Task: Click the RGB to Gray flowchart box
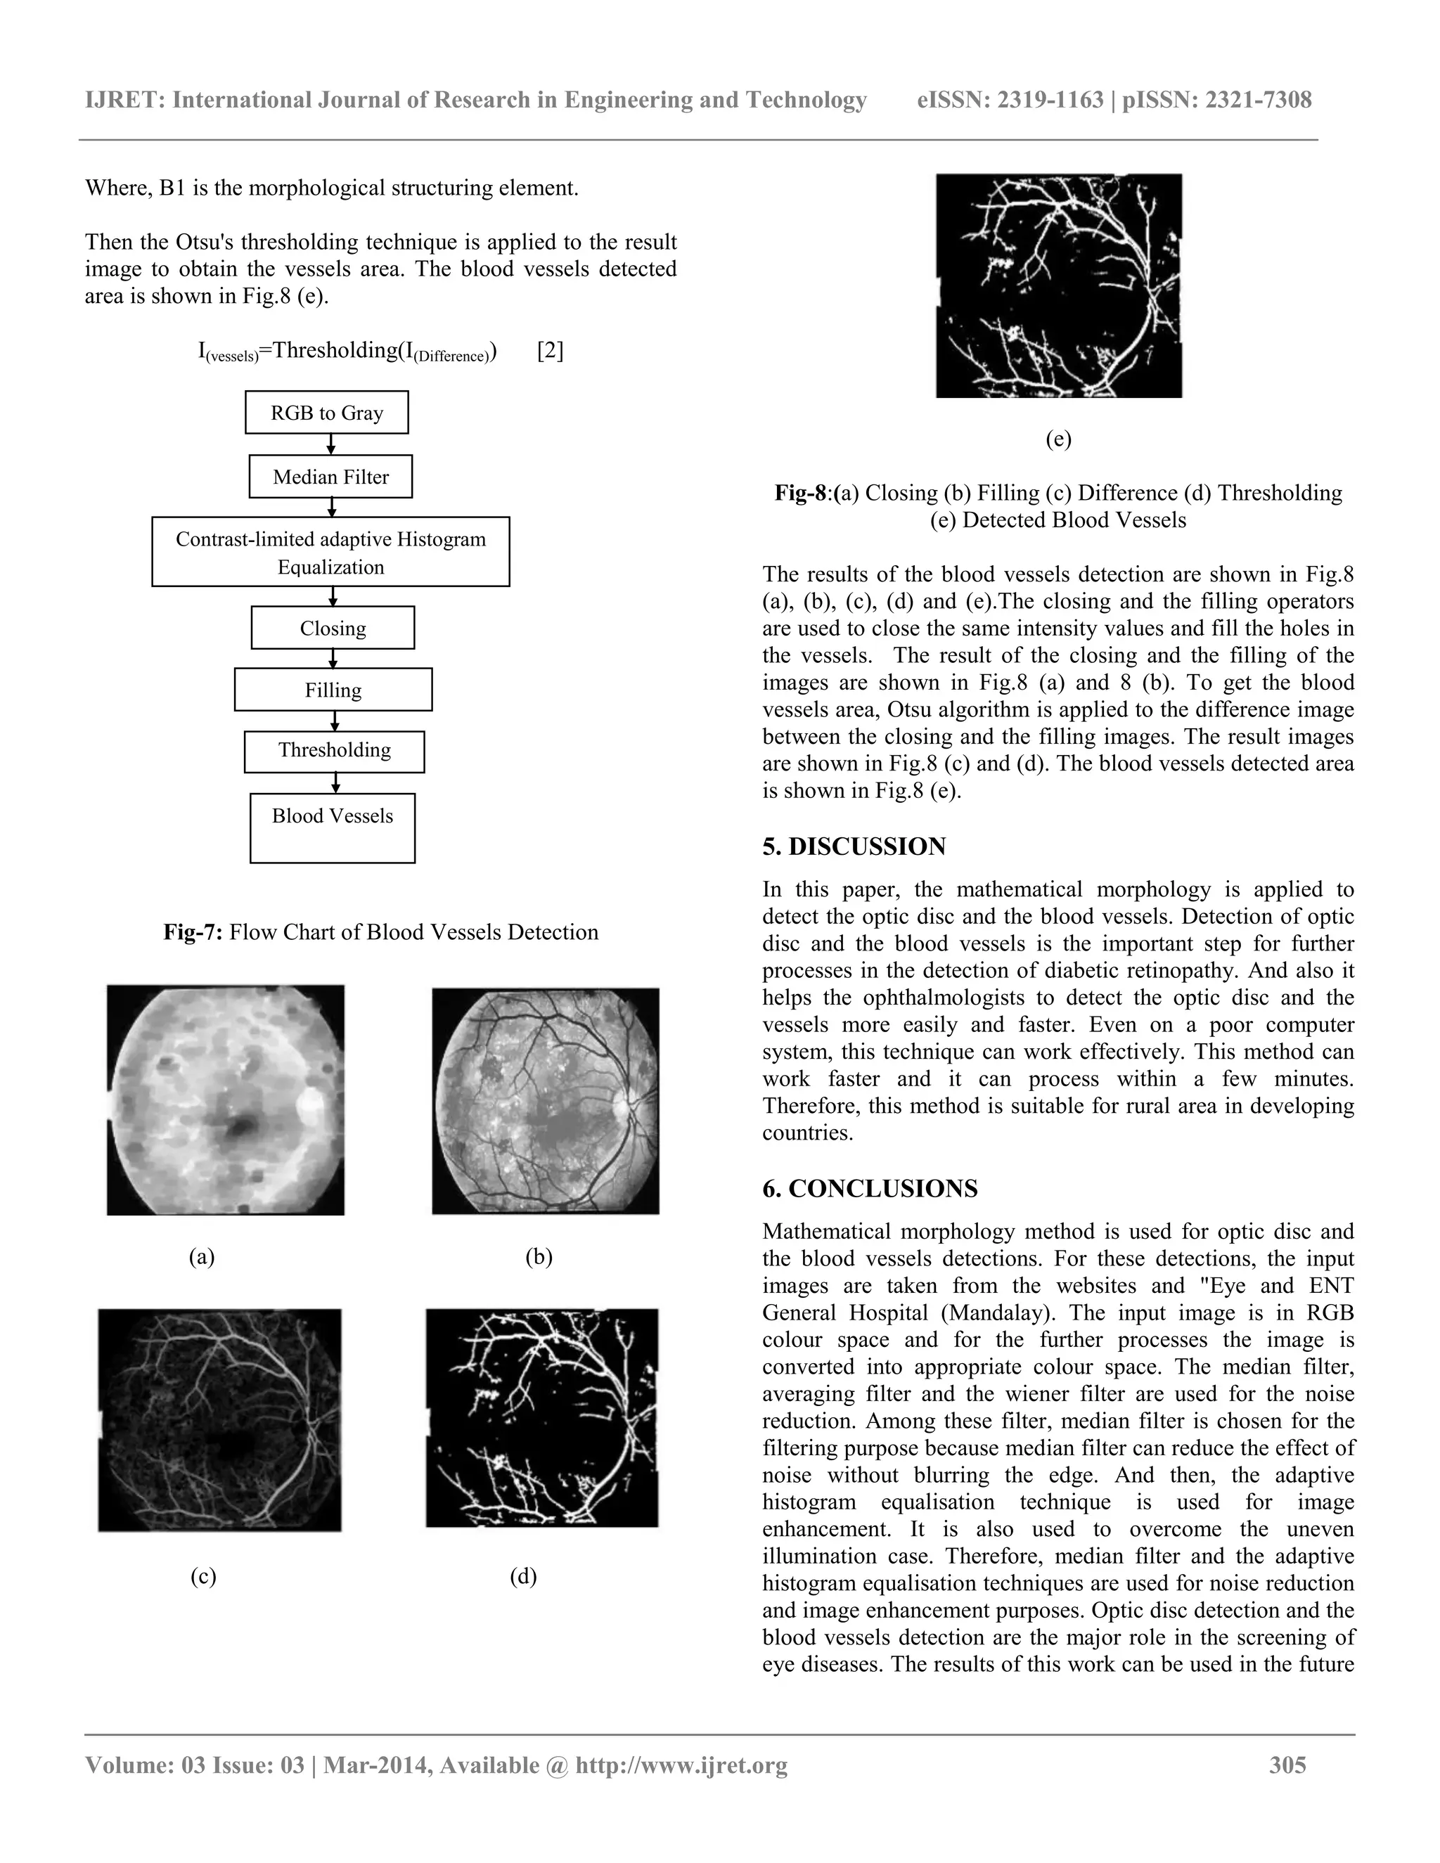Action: (x=327, y=413)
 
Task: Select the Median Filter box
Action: (x=331, y=477)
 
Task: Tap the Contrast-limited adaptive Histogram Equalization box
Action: (x=331, y=553)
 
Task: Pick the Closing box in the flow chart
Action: (x=333, y=628)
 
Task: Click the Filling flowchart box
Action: (x=333, y=690)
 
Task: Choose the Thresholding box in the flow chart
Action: (x=335, y=751)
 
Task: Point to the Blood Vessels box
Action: (x=333, y=827)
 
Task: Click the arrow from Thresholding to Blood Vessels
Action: (x=336, y=783)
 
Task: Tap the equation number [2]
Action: (x=551, y=351)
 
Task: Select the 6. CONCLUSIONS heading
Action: (x=870, y=1188)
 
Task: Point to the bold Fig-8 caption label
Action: (x=801, y=493)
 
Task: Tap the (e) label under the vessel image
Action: (x=1057, y=439)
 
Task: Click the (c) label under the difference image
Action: (x=203, y=1576)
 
